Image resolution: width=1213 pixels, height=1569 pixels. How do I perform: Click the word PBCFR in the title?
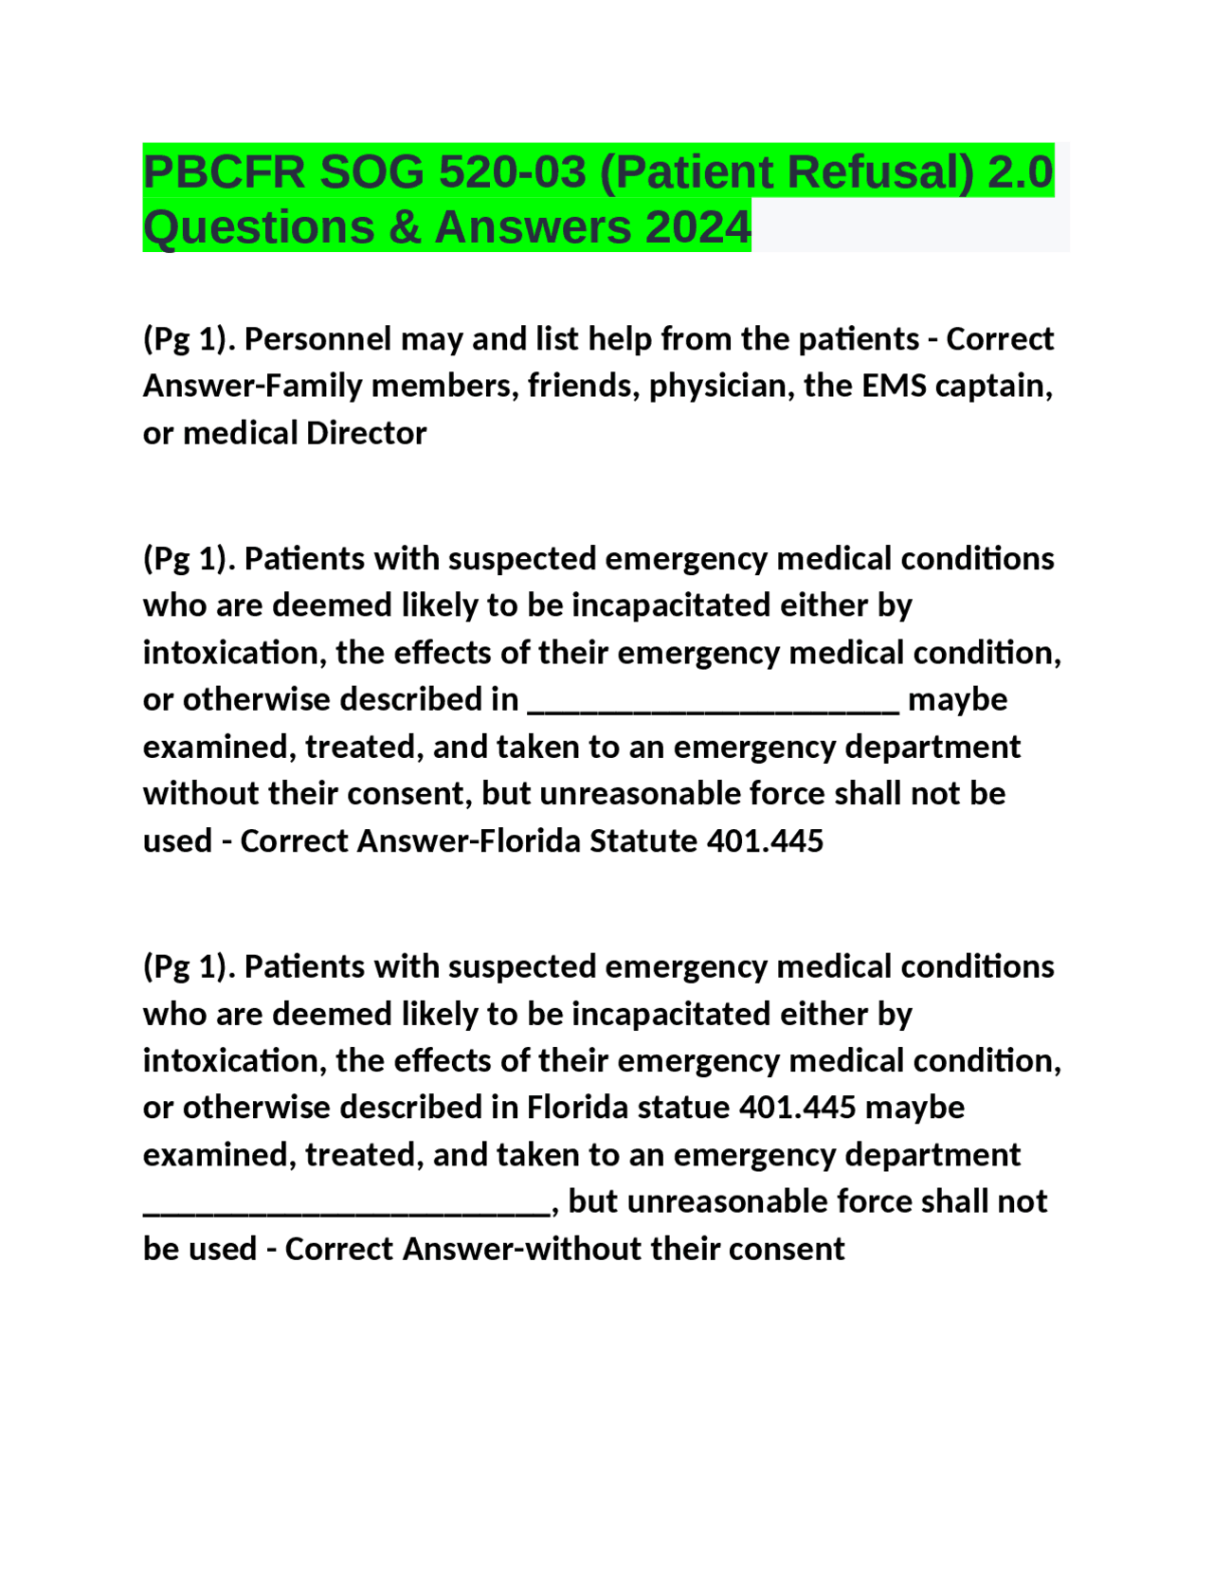click(x=224, y=172)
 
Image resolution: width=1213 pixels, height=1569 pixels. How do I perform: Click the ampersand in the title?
click(x=405, y=227)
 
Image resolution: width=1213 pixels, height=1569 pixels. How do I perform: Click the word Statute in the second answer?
click(x=643, y=840)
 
